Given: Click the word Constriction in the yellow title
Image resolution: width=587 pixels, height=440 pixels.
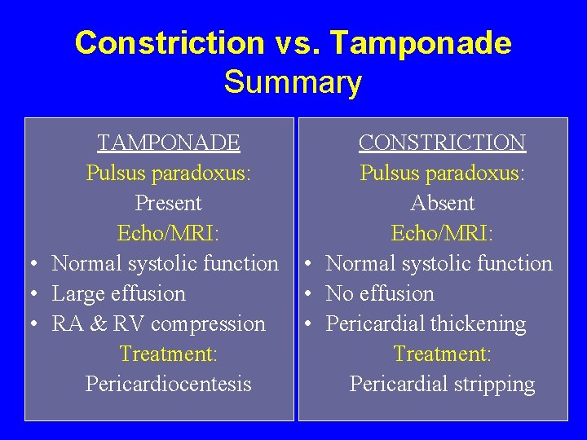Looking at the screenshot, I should (x=169, y=43).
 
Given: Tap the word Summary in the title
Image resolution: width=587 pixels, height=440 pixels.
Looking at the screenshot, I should (x=293, y=82).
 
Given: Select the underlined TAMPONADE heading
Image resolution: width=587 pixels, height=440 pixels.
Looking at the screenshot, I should (x=169, y=143).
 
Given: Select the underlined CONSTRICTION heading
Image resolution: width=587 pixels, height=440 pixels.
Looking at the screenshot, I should (x=442, y=143).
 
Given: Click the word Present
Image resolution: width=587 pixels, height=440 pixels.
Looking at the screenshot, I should (x=169, y=203).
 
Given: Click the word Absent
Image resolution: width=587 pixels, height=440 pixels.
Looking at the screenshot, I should (x=443, y=203).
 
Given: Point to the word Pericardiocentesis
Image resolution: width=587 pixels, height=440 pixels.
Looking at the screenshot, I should (x=169, y=384).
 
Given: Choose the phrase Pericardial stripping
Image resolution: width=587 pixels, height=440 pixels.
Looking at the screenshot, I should (x=443, y=384).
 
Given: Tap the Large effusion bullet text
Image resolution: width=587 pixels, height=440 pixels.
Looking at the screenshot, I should (x=119, y=293).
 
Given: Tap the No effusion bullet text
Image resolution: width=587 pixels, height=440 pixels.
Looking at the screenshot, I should (x=380, y=293).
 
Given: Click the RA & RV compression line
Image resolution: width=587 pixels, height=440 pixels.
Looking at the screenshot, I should (x=159, y=323).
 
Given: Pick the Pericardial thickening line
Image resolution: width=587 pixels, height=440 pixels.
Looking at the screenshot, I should (x=426, y=323).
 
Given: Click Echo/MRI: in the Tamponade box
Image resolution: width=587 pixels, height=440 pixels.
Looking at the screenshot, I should (x=169, y=234).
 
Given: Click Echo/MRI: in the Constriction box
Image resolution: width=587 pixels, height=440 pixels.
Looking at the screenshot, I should (x=443, y=234).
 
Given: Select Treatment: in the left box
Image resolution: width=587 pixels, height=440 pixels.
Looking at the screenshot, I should (x=169, y=354).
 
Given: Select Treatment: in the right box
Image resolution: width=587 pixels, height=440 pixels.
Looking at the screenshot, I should (x=443, y=354).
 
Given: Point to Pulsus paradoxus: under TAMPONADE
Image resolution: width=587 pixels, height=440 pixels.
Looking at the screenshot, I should (x=169, y=174).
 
